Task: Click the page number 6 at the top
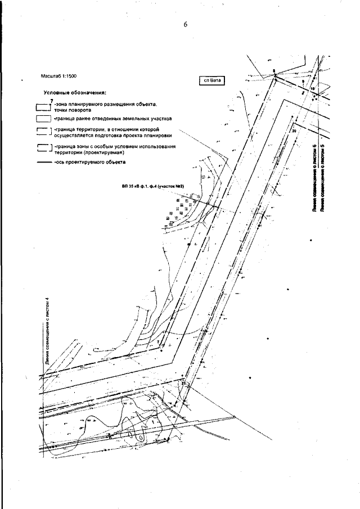point(184,24)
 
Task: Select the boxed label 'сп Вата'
point(212,80)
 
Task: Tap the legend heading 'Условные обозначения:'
point(75,93)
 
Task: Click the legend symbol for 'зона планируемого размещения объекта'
point(43,106)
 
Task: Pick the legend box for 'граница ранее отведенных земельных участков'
point(43,119)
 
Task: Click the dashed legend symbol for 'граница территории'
point(43,132)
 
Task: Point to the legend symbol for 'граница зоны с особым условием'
point(43,148)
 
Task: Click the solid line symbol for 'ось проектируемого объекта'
point(43,162)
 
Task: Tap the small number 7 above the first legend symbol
point(51,100)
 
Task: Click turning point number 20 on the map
point(294,130)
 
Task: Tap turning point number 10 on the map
point(312,89)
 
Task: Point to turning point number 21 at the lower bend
point(183,383)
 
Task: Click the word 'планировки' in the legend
point(156,136)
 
